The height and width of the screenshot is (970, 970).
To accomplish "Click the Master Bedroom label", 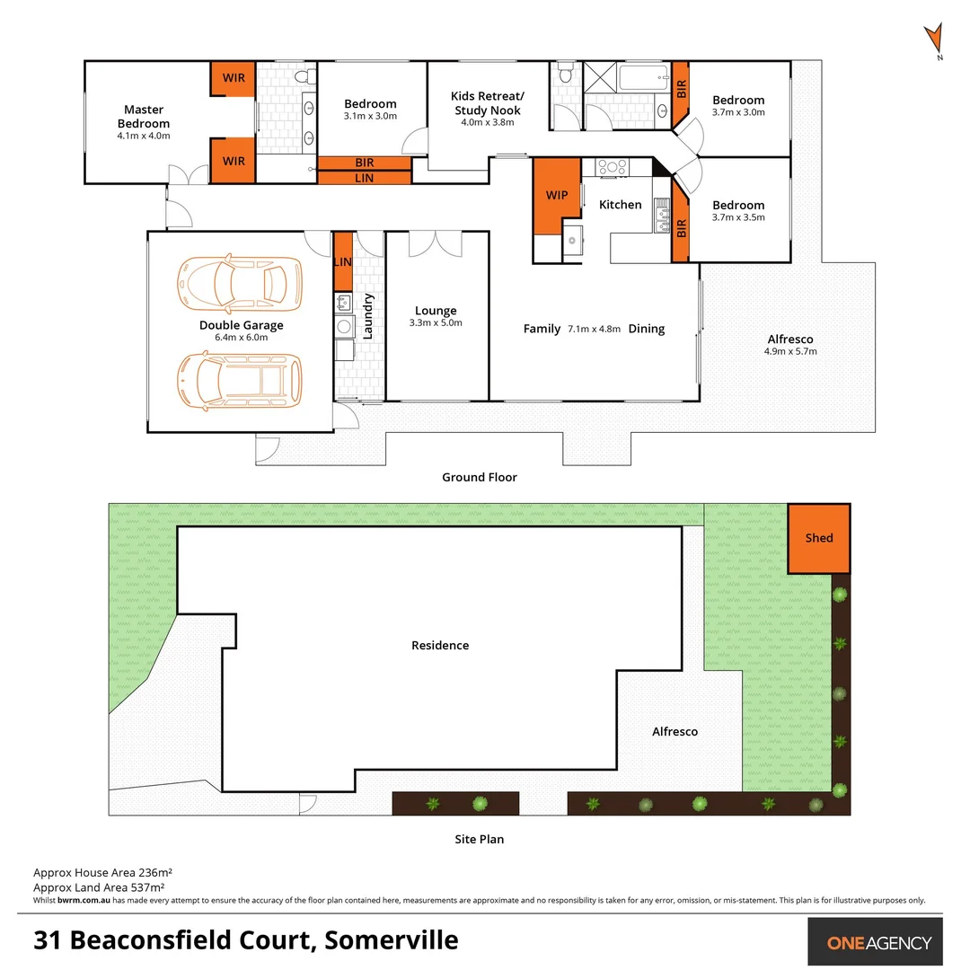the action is click(144, 117).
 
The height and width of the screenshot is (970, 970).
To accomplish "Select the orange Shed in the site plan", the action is click(818, 538).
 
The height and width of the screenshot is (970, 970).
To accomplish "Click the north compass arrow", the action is click(935, 40).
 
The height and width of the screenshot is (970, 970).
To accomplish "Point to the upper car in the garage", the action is click(239, 281).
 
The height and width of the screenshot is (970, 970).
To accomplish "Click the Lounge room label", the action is click(436, 311).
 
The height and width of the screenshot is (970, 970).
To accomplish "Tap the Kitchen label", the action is click(621, 205).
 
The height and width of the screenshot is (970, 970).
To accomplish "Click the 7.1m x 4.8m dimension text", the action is click(594, 329).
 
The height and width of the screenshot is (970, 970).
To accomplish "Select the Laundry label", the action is click(367, 315).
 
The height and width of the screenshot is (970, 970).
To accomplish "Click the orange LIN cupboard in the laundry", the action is click(343, 261).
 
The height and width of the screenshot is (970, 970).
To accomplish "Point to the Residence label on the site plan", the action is click(440, 645).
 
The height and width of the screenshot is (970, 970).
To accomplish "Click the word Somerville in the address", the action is click(392, 940).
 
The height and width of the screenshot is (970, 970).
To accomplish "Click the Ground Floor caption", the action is click(480, 478).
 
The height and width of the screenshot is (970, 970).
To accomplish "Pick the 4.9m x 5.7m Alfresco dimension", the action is click(790, 351).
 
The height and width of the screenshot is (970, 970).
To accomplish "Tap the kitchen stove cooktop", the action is click(613, 166).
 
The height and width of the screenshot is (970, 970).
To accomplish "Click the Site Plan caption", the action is click(479, 840).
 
